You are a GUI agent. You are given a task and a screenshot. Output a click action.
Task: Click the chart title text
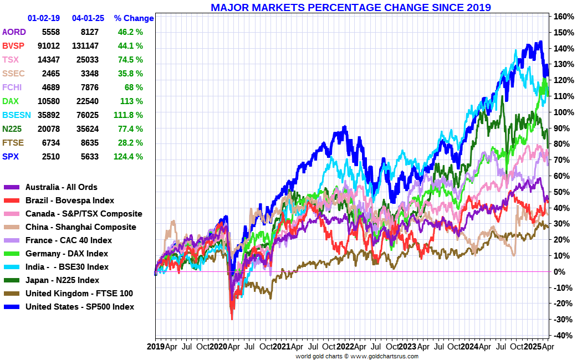click(350, 7)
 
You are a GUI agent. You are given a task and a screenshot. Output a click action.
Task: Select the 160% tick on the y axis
click(562, 17)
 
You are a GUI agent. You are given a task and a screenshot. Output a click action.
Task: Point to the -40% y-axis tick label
click(562, 336)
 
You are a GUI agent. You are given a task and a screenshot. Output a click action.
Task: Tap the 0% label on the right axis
click(558, 272)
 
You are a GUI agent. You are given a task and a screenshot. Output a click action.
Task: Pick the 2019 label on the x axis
click(156, 347)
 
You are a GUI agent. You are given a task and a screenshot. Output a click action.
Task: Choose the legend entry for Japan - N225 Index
click(62, 280)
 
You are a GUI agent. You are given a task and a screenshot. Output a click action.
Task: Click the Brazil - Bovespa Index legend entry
click(70, 200)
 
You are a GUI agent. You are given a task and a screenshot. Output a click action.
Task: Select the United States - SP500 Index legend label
click(80, 307)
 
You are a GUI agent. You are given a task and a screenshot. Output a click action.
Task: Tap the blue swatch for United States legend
click(12, 307)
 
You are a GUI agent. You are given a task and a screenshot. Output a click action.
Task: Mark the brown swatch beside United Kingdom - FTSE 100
click(12, 294)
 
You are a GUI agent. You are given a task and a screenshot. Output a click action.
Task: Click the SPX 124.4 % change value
click(129, 157)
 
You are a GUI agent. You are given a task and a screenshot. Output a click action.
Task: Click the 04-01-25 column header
click(88, 18)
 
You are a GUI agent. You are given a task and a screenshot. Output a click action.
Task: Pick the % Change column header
click(134, 18)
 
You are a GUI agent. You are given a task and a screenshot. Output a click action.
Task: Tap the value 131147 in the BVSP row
click(85, 46)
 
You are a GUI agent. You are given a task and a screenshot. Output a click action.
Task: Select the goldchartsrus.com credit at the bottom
click(356, 356)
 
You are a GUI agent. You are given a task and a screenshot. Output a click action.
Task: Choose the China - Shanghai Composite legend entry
click(80, 227)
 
